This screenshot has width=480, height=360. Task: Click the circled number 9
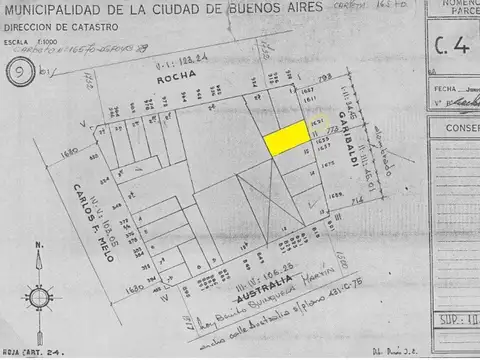click(x=16, y=73)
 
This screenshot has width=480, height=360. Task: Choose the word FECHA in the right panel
click(x=440, y=87)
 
